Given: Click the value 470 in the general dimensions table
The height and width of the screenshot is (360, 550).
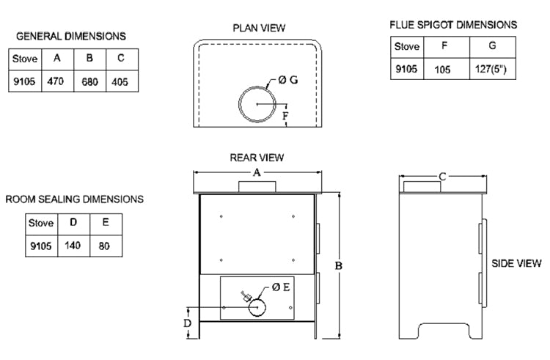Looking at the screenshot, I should click(x=55, y=81).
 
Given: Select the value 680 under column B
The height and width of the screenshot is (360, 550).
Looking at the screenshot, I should click(x=88, y=81).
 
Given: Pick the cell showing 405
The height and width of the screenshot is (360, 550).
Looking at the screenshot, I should click(x=120, y=81).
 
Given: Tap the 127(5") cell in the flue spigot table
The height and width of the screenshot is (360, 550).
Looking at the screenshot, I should click(x=492, y=70).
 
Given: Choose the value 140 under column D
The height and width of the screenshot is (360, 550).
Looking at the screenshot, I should click(x=73, y=246).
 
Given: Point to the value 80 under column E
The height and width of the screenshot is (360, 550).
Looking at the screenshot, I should click(x=104, y=246).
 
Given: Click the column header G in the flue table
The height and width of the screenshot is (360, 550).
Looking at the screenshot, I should click(x=492, y=45).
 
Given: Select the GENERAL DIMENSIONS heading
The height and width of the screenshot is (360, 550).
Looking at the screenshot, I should click(x=70, y=36).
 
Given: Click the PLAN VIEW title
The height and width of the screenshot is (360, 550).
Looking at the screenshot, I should click(x=259, y=28).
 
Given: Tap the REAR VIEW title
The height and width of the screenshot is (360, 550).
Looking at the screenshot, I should click(x=257, y=157).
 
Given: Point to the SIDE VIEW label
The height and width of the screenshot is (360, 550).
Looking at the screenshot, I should click(x=516, y=263).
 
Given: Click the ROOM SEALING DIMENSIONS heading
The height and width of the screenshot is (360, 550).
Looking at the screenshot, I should click(x=74, y=199).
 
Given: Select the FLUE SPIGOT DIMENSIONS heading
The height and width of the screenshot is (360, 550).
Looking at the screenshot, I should click(x=452, y=25).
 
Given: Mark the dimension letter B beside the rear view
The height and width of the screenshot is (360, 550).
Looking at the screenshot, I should click(x=339, y=266).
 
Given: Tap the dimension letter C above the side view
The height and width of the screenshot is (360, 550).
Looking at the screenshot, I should click(x=442, y=177).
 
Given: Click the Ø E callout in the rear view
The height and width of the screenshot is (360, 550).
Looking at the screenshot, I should click(x=281, y=287).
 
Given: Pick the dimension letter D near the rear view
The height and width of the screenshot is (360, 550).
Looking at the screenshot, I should click(x=187, y=323).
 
